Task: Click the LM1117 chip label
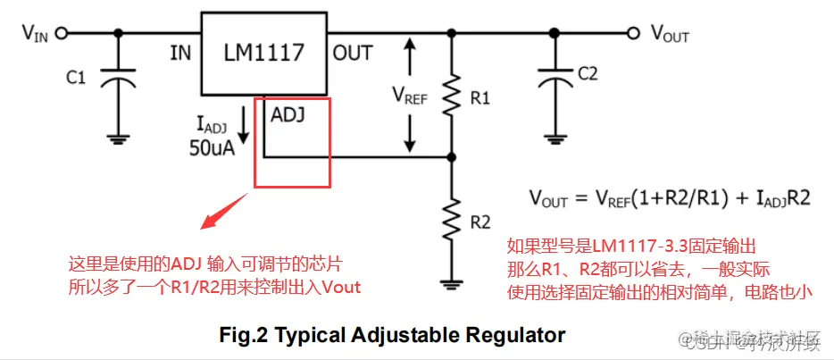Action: coord(263,53)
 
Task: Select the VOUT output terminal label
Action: coord(670,34)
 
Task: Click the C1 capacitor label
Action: coord(76,79)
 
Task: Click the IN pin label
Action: coord(181,54)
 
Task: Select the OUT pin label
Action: coord(353,54)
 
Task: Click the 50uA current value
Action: coord(211,147)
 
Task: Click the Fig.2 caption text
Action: coord(393,336)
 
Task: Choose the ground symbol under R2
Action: coord(454,284)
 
